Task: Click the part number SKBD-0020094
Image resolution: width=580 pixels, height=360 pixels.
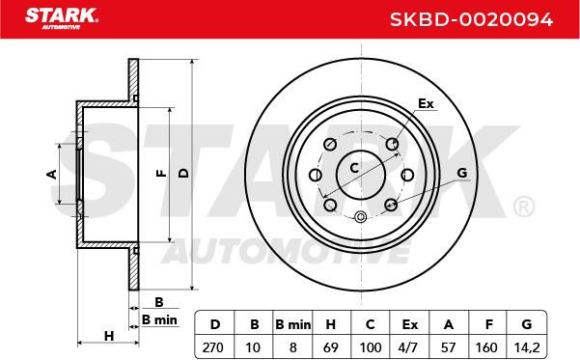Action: pyautogui.click(x=471, y=19)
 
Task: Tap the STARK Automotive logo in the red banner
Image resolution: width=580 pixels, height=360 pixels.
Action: pyautogui.click(x=62, y=18)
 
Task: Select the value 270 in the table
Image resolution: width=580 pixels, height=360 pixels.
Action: pyautogui.click(x=213, y=347)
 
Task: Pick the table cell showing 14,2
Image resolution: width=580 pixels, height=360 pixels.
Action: pyautogui.click(x=527, y=347)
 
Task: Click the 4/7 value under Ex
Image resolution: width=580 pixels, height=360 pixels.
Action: pyautogui.click(x=408, y=347)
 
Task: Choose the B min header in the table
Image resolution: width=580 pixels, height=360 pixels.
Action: pyautogui.click(x=293, y=324)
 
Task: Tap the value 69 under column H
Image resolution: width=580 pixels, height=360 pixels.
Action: pyautogui.click(x=330, y=347)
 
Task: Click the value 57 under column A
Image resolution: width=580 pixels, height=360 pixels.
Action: pyautogui.click(x=448, y=347)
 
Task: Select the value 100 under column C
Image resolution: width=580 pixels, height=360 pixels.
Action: pyautogui.click(x=371, y=347)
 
